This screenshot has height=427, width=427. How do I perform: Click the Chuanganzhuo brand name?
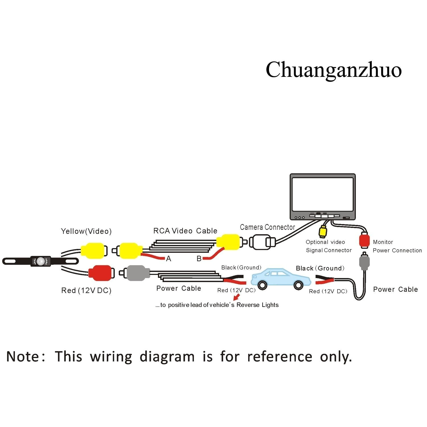pyautogui.click(x=333, y=70)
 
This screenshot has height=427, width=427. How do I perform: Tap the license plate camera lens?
pyautogui.click(x=41, y=261)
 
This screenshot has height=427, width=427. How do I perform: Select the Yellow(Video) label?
pyautogui.click(x=86, y=231)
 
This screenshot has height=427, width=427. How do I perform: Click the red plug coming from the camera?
pyautogui.click(x=100, y=273)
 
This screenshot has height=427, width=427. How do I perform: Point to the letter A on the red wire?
pyautogui.click(x=169, y=259)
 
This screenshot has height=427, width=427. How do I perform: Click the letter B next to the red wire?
pyautogui.click(x=199, y=259)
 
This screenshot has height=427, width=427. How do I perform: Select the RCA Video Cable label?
pyautogui.click(x=185, y=231)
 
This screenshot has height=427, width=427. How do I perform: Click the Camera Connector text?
pyautogui.click(x=267, y=227)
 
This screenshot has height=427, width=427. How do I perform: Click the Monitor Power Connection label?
pyautogui.click(x=397, y=246)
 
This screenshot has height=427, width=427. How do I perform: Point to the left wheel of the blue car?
pyautogui.click(x=262, y=285)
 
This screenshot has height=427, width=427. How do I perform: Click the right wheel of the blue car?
pyautogui.click(x=298, y=285)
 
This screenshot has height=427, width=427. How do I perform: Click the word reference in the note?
pyautogui.click(x=280, y=357)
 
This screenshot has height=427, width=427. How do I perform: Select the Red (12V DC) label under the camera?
pyautogui.click(x=86, y=291)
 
